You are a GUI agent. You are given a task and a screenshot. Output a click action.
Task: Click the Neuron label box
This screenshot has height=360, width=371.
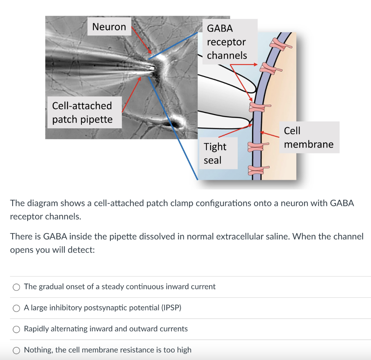pyautogui.click(x=109, y=26)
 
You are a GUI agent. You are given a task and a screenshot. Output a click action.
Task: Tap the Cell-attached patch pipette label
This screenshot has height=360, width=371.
pyautogui.click(x=84, y=112)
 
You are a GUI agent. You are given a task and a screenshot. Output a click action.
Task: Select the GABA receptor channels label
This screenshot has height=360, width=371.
pyautogui.click(x=230, y=42)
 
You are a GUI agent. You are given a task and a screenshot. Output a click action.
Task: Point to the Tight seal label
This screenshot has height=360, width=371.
pyautogui.click(x=218, y=153)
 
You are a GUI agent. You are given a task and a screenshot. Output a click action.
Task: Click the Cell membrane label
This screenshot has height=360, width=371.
pyautogui.click(x=309, y=137)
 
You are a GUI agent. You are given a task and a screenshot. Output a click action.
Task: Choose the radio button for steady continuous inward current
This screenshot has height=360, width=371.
pyautogui.click(x=16, y=287)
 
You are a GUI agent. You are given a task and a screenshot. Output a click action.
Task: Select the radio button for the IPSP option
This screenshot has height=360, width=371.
pyautogui.click(x=16, y=308)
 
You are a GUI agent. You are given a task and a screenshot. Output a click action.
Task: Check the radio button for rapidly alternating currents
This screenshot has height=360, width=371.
pyautogui.click(x=16, y=329)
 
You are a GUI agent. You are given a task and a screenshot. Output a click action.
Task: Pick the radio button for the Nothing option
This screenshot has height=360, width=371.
pyautogui.click(x=16, y=350)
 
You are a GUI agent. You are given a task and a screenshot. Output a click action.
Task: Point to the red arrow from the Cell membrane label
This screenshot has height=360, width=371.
pyautogui.click(x=270, y=135)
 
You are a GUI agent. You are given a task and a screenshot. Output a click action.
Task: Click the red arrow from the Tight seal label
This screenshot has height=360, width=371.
pyautogui.click(x=235, y=131)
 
